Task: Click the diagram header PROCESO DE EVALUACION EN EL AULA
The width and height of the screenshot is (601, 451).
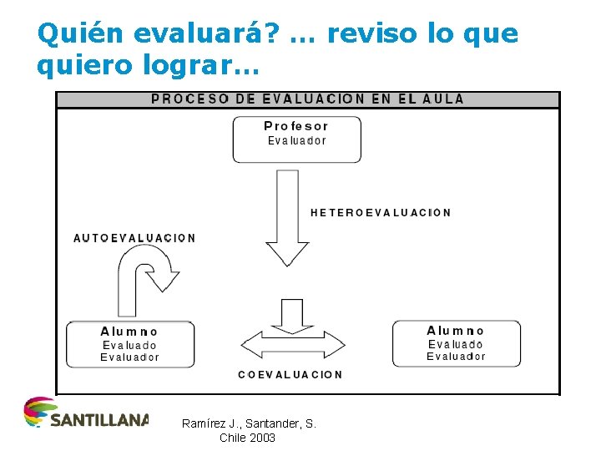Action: [307, 99]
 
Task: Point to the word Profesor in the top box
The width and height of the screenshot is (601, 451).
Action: [296, 126]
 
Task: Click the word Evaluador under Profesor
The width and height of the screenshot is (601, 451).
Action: [296, 140]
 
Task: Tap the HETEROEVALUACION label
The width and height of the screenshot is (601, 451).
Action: [381, 213]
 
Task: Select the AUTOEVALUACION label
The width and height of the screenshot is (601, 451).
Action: [134, 238]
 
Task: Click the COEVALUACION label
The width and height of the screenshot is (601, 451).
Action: [290, 374]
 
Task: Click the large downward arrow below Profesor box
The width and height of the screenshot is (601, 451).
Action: [287, 217]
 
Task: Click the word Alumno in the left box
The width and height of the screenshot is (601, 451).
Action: [129, 332]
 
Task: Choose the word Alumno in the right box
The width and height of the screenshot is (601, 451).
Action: [456, 331]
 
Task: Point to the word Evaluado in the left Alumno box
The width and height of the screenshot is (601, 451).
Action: [129, 345]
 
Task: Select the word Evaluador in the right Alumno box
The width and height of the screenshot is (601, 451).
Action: [456, 357]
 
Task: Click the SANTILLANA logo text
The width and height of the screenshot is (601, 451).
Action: [99, 418]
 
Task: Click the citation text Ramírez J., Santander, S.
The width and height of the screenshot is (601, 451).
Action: [249, 424]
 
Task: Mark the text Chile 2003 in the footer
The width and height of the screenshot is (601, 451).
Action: [247, 438]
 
